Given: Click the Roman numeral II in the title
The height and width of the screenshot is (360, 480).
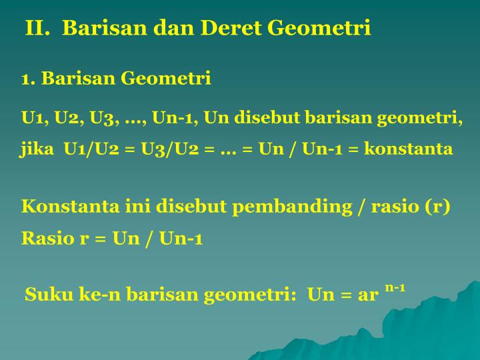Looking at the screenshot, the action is pyautogui.click(x=37, y=28).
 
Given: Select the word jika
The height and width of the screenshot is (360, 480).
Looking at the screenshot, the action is pyautogui.click(x=37, y=149).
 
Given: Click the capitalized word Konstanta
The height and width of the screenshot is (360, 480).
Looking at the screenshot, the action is pyautogui.click(x=71, y=206).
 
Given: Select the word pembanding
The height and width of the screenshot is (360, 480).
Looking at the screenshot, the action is pyautogui.click(x=293, y=207).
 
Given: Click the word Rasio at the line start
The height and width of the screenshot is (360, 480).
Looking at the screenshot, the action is pyautogui.click(x=47, y=238).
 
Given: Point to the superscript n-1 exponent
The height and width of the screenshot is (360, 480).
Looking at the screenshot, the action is pyautogui.click(x=395, y=288).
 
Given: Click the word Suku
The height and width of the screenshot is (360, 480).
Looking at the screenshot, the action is pyautogui.click(x=49, y=294).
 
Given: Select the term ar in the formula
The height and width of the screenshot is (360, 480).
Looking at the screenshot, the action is pyautogui.click(x=368, y=296).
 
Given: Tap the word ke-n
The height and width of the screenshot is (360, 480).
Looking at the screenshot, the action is pyautogui.click(x=100, y=294).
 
